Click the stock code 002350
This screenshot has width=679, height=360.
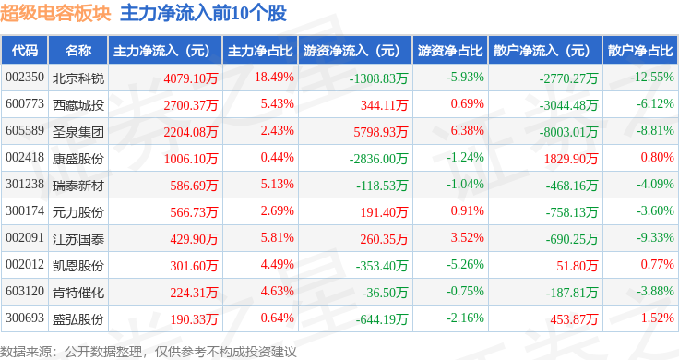25,78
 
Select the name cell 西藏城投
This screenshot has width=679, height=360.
78,105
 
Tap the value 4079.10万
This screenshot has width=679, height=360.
191,78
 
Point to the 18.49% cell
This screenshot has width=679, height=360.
274,78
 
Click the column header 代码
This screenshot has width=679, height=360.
25,50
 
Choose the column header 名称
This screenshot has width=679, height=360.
78,50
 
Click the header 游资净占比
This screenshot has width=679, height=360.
450,50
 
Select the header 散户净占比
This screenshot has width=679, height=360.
640,50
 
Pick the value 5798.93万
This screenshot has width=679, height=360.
381,132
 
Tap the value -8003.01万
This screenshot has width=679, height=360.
568,132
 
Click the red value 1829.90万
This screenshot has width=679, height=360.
571,159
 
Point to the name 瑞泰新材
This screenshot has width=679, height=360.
78,186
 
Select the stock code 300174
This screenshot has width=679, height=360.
25,211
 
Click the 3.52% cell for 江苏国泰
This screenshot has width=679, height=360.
467,238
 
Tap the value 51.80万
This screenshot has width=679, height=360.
578,266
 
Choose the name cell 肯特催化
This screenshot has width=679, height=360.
78,293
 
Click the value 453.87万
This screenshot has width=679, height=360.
574,319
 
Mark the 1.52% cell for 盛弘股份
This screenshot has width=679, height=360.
658,318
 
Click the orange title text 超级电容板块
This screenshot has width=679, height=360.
55,13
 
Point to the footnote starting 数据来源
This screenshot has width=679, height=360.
149,352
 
